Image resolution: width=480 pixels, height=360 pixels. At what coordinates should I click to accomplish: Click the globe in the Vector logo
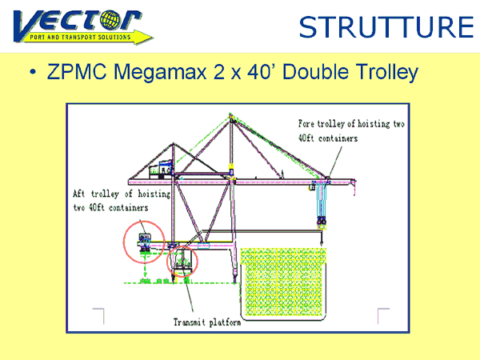tap(110, 20)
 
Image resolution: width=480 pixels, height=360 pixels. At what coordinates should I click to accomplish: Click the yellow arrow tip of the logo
tap(152, 38)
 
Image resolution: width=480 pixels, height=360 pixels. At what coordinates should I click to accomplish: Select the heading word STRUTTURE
tap(386, 27)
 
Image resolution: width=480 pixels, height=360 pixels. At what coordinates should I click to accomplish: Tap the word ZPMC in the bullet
tap(77, 72)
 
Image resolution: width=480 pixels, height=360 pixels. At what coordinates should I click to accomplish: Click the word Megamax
tap(160, 73)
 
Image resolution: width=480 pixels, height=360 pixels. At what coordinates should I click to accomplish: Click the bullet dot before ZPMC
tap(33, 72)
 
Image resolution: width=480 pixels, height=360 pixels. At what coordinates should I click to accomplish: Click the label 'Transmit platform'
tap(207, 322)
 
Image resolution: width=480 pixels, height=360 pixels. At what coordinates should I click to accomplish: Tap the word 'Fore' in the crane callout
tap(306, 124)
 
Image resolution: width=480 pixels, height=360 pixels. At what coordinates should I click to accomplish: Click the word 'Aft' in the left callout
tap(78, 194)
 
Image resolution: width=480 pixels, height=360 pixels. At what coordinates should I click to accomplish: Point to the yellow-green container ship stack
tap(283, 282)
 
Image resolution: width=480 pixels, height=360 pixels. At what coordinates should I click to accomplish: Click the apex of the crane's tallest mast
tap(231, 114)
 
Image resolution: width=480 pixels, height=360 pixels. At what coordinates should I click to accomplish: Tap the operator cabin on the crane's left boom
tap(161, 170)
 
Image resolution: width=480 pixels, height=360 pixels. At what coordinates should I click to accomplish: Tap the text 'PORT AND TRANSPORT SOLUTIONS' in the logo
tap(80, 38)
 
